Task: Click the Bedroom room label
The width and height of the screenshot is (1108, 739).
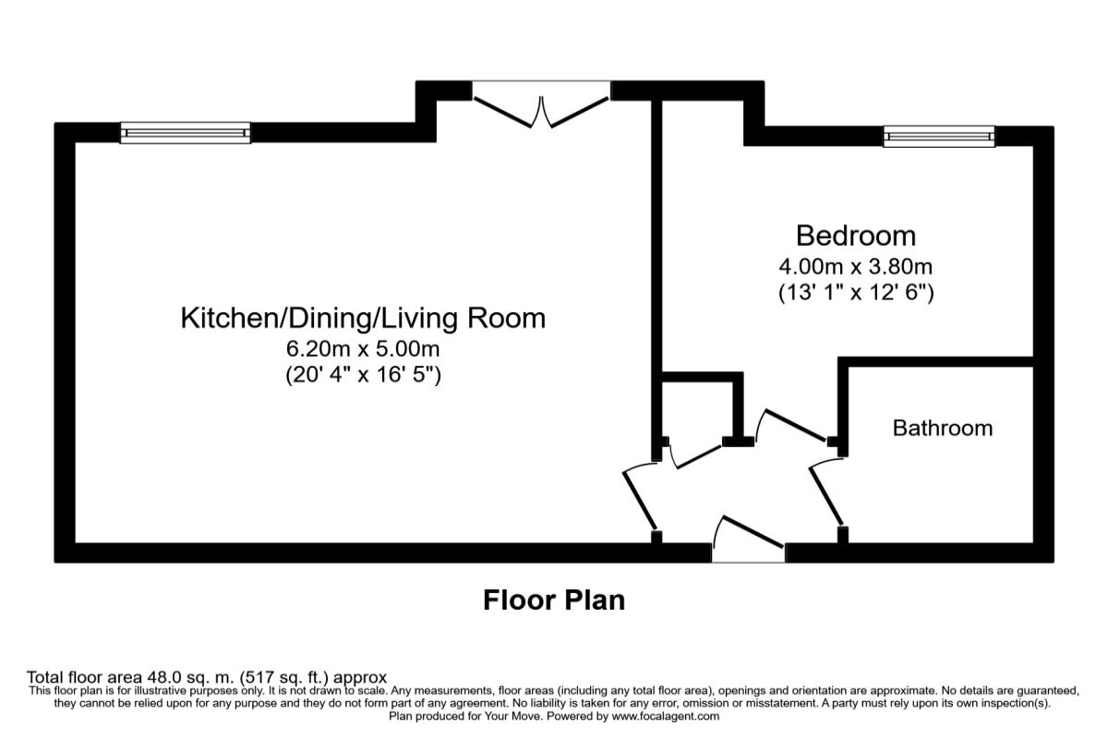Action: (855, 236)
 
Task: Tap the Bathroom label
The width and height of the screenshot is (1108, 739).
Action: (942, 429)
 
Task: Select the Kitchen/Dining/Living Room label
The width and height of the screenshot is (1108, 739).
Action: (363, 319)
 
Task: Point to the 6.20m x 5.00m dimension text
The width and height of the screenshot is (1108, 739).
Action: (363, 349)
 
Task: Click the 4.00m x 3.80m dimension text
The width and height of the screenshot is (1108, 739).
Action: (855, 267)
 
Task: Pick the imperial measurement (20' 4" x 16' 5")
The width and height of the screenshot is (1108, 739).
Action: (363, 376)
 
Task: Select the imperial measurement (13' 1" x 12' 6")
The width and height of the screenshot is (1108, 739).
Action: (855, 294)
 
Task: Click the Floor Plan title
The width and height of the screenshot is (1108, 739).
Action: (554, 600)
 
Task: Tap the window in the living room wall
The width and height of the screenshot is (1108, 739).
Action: (186, 134)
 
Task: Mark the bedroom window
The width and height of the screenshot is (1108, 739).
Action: (939, 136)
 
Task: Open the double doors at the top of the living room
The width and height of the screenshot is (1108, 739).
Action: (541, 103)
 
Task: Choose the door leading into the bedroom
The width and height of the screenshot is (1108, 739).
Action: (791, 427)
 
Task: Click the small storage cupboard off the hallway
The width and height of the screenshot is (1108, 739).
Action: (699, 406)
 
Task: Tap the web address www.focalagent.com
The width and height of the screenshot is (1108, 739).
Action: (665, 716)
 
